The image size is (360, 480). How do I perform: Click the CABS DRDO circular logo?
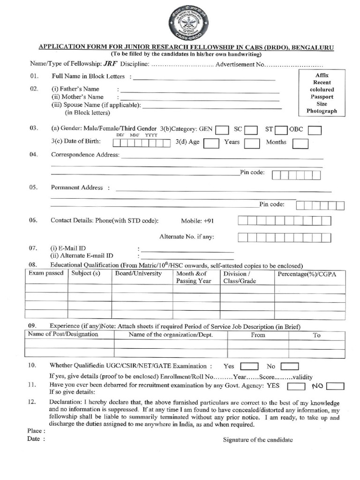(x=188, y=22)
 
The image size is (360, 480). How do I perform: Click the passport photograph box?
(x=322, y=93)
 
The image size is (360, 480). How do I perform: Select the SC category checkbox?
(x=251, y=129)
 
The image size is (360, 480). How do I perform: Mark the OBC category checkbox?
(x=315, y=129)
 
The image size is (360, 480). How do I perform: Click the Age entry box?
(x=211, y=143)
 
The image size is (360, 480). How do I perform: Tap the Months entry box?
(x=300, y=143)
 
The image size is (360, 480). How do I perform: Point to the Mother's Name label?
(x=77, y=97)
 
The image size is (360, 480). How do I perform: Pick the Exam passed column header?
(x=46, y=274)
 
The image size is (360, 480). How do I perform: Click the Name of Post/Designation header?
(x=63, y=335)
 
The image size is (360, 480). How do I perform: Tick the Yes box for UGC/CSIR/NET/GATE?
(x=248, y=367)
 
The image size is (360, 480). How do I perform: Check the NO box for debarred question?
(x=335, y=386)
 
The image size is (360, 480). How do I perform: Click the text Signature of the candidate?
(x=258, y=440)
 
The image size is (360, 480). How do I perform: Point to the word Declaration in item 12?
(x=65, y=402)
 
